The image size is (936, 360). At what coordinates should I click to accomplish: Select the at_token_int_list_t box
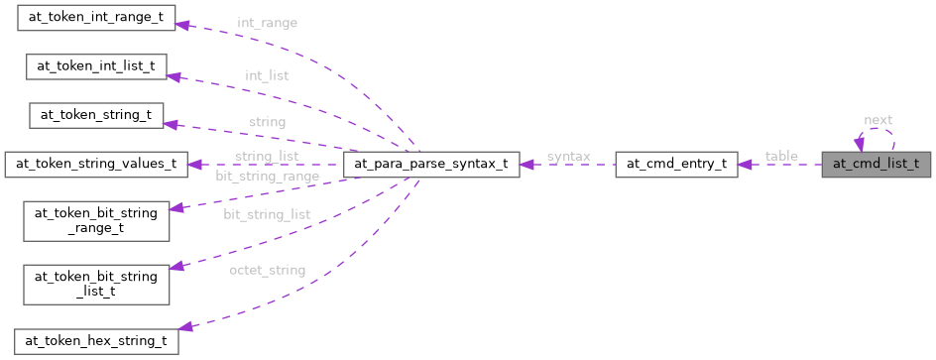(96, 66)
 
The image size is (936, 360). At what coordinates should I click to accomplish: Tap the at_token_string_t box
(95, 114)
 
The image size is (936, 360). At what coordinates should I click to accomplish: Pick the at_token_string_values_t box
(96, 164)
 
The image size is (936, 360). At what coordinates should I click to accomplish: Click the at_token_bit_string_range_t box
(96, 216)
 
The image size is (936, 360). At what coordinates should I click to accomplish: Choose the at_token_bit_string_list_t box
(96, 279)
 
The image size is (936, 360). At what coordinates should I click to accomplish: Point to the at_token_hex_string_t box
(96, 341)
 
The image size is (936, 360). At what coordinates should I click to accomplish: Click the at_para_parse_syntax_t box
(430, 164)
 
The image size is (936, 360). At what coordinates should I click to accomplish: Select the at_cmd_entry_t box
(676, 164)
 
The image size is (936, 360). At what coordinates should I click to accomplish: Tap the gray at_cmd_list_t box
(876, 164)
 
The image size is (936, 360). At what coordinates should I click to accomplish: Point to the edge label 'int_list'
(268, 74)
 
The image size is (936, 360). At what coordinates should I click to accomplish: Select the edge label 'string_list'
(268, 157)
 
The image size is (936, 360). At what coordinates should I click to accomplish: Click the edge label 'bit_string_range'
(268, 176)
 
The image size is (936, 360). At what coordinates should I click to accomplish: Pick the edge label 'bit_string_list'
(268, 213)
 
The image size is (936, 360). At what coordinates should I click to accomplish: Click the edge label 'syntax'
(568, 157)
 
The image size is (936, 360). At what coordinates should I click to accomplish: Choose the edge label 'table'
(780, 157)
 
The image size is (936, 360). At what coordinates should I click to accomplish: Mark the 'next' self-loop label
(877, 120)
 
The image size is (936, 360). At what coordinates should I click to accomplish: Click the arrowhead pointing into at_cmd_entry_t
(745, 165)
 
